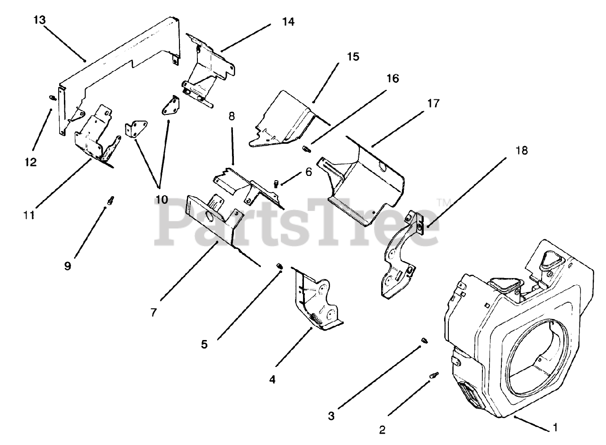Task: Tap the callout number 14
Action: pyautogui.click(x=288, y=22)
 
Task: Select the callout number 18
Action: pyautogui.click(x=521, y=151)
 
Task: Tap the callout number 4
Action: pyautogui.click(x=272, y=379)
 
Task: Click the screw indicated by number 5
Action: pyautogui.click(x=279, y=268)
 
